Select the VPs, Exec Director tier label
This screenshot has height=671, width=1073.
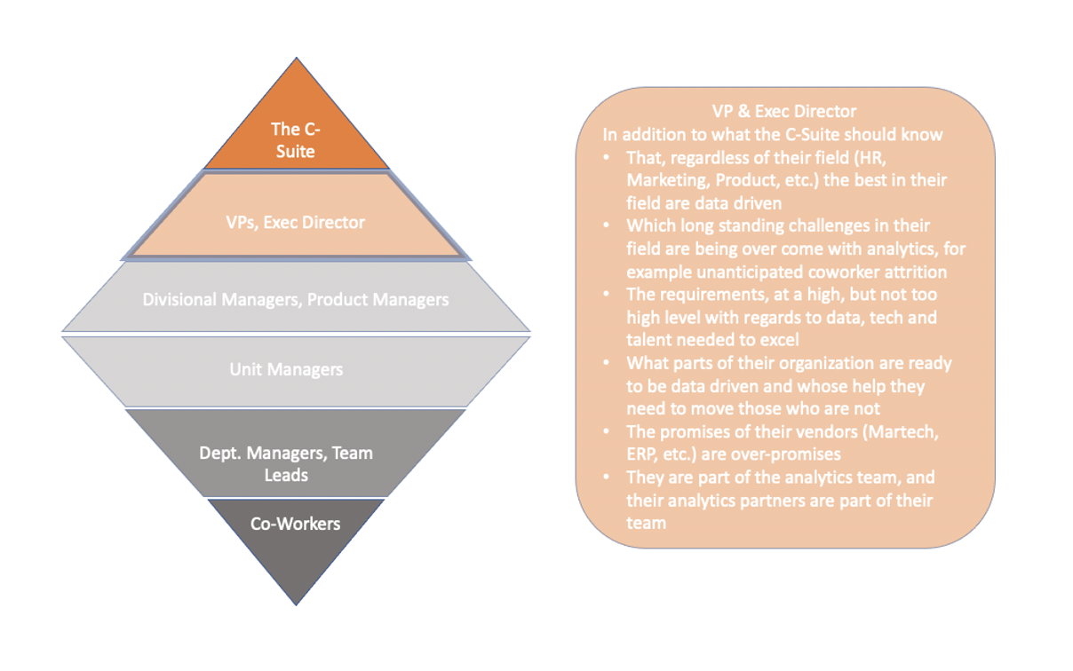295,222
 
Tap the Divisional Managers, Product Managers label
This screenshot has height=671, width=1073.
295,300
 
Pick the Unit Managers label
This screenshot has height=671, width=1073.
286,369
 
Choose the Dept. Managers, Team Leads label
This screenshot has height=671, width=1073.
286,463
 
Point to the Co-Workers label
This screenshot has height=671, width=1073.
295,524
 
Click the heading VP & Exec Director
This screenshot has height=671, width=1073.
784,111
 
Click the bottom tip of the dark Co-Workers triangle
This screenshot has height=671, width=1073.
296,604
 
